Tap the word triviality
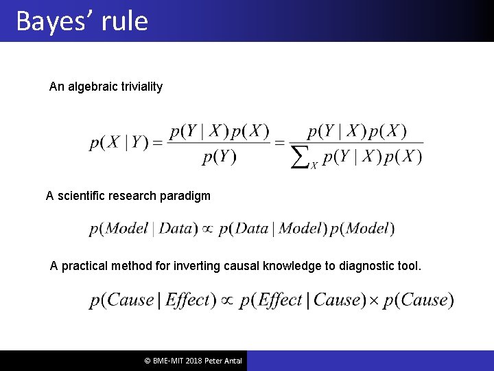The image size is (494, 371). [139, 87]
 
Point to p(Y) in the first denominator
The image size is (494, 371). [219, 157]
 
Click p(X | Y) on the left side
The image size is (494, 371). [119, 143]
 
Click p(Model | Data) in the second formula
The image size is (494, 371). [143, 229]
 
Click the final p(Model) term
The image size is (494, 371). [362, 229]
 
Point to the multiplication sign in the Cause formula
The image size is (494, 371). [374, 301]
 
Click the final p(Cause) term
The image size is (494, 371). [419, 300]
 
